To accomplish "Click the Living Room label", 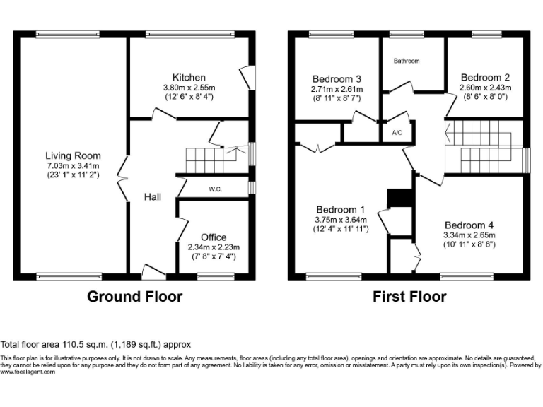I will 73,155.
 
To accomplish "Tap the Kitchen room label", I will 189,77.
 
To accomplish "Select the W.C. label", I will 216,189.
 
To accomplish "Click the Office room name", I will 214,237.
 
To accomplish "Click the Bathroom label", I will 407,61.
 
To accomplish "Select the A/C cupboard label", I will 397,132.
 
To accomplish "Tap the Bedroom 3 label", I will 337,79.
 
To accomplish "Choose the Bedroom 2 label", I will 485,77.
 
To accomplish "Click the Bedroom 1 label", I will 340,210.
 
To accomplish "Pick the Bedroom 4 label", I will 469,225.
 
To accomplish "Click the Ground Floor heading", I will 134,297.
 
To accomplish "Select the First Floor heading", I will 409,297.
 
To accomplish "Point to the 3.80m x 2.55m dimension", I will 189,87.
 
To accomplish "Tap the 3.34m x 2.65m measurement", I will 469,235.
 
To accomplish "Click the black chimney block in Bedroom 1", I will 399,198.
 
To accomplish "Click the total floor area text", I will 96,346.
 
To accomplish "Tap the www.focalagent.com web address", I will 28,372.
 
